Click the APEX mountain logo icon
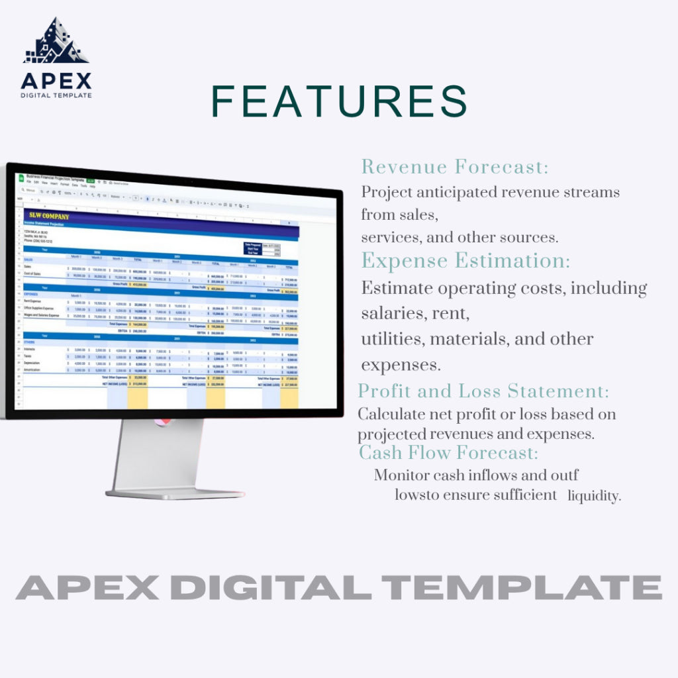point(56,42)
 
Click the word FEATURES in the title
point(339,101)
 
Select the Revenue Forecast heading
point(455,167)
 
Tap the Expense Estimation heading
point(465,261)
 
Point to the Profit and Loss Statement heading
point(483,391)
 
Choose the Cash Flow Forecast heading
point(448,453)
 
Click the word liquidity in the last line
point(594,496)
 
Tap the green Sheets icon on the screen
point(21,177)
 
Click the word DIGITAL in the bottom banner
point(276,587)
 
